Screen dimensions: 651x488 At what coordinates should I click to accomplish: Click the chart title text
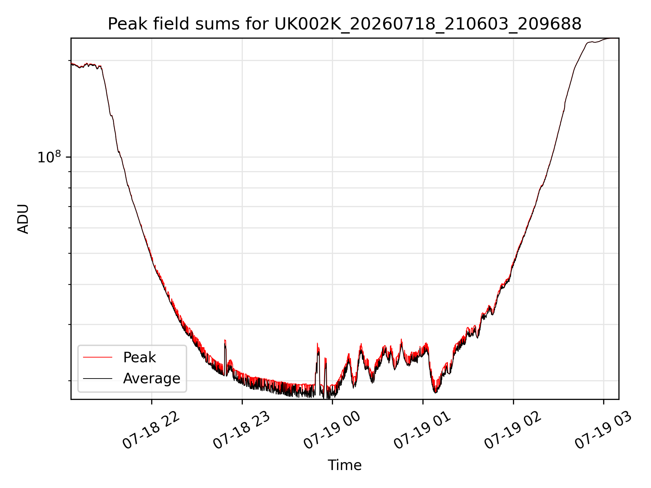(x=344, y=24)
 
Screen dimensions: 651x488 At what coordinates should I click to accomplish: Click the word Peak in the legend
(x=139, y=358)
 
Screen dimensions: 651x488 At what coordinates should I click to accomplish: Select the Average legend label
(x=152, y=379)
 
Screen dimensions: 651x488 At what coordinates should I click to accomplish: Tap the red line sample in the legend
(x=98, y=357)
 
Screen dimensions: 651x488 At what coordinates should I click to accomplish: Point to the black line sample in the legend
(x=98, y=378)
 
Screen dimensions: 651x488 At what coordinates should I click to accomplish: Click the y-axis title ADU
(x=23, y=219)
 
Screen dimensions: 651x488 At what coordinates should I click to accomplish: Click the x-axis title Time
(x=344, y=465)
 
